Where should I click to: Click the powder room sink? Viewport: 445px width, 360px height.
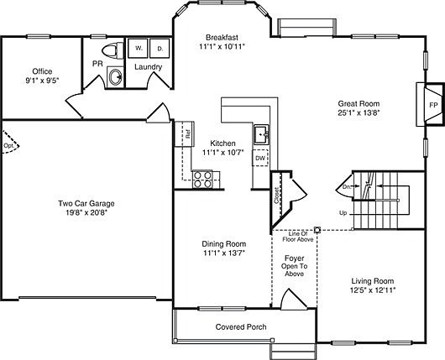115,78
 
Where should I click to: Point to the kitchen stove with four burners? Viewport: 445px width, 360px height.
202,178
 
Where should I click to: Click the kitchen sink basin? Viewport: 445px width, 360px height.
261,133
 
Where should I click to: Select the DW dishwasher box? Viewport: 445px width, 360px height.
260,158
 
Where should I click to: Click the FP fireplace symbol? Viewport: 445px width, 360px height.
433,105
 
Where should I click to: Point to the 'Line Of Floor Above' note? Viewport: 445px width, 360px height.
294,237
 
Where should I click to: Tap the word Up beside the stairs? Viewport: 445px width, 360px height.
343,213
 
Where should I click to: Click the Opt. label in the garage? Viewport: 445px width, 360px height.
9,145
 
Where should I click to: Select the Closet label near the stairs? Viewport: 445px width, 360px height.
277,196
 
